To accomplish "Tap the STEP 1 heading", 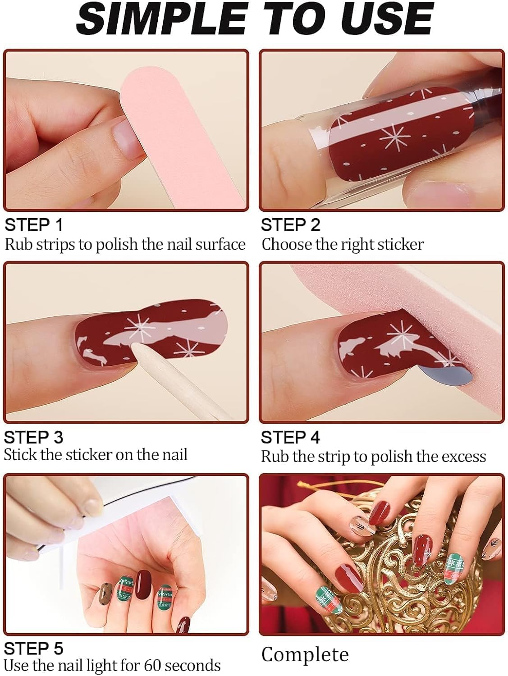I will (x=34, y=224).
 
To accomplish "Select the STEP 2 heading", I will (x=290, y=224).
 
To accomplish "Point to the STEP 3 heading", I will (x=34, y=437).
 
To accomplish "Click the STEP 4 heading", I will (x=290, y=437).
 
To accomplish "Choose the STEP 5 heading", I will (x=34, y=649).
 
